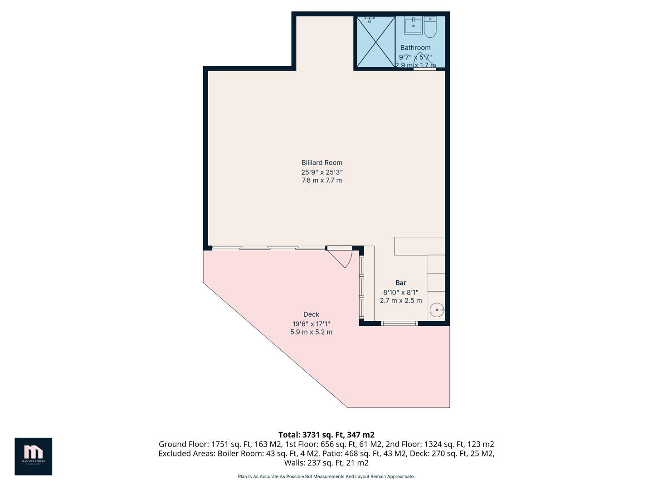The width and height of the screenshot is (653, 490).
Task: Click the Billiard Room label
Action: (322, 162)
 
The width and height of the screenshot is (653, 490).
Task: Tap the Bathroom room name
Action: (415, 48)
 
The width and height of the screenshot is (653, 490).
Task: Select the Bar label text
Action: (400, 283)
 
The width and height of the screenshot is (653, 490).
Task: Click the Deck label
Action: (311, 314)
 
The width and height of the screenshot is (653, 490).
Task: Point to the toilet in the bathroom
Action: (430, 28)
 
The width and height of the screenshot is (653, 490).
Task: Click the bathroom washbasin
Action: (413, 25)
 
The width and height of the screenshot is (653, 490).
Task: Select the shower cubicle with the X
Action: (375, 42)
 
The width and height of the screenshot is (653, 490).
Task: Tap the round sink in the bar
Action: (436, 310)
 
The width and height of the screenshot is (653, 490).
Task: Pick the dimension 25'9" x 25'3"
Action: (322, 172)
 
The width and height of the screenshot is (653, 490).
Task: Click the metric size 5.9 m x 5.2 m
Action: (311, 332)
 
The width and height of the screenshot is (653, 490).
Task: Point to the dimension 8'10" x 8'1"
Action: (400, 292)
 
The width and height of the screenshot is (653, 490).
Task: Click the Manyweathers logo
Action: (33, 456)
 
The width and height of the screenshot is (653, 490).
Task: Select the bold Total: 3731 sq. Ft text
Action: (326, 435)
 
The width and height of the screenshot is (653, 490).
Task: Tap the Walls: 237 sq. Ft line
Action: (326, 463)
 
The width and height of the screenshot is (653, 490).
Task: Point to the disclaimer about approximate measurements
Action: (326, 476)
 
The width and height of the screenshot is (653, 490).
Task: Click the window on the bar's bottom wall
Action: (399, 323)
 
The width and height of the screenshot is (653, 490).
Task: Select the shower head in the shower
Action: (370, 19)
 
